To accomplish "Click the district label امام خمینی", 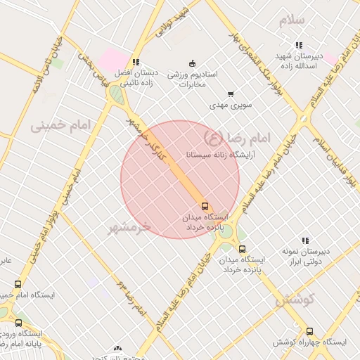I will click(x=61, y=126).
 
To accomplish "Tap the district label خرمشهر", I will click(x=129, y=226).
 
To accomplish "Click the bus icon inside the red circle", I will click(x=205, y=206).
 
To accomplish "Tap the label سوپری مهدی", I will click(x=231, y=106).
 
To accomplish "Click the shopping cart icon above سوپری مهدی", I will click(x=231, y=94).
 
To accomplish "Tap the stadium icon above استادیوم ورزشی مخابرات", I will click(x=193, y=63).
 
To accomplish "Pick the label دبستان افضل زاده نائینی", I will click(x=139, y=77).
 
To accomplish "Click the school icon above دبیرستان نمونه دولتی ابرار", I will click(x=305, y=240).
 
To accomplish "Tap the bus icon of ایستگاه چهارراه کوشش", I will click(x=309, y=331).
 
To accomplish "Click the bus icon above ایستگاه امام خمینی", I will click(x=18, y=284).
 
